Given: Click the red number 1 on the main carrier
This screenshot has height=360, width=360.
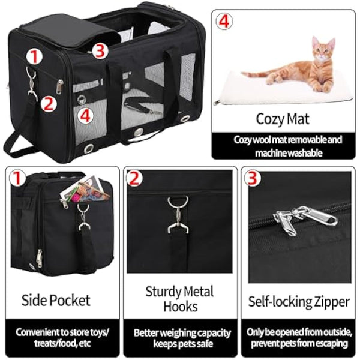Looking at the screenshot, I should coord(34,57).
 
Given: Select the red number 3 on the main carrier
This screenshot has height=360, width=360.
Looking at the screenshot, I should coord(100,50).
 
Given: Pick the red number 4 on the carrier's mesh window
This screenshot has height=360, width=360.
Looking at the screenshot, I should coord(86,115).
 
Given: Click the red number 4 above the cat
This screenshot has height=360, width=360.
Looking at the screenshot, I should coord(223,22).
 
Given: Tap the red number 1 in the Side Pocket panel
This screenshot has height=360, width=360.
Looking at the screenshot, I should coord(17,178).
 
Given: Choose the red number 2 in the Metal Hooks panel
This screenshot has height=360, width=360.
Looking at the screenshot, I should coord(135,178).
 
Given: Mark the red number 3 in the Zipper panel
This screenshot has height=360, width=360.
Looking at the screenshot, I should coord(253,178).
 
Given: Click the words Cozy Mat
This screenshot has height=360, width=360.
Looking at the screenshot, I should coord(278,118).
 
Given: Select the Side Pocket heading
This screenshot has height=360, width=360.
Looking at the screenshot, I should coord(56,299).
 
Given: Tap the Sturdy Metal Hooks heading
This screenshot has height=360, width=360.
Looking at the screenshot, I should coord(179,299).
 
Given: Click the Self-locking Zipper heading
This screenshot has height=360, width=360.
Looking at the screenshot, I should coord(299,301).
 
